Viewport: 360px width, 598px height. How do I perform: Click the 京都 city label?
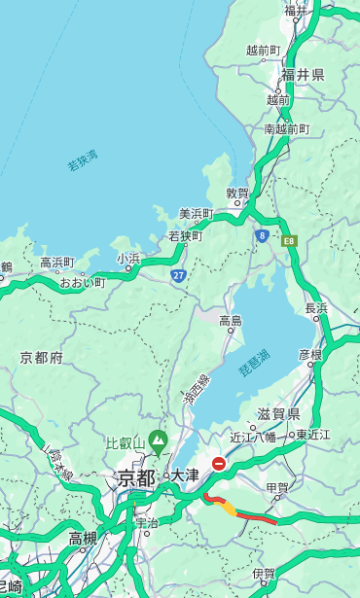pos(136,477)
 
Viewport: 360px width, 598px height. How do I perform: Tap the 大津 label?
pos(185,475)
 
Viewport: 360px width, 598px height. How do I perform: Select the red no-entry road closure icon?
pos(220,464)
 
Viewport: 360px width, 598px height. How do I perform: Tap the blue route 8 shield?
pos(262,235)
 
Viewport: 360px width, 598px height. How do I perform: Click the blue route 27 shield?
pos(179,275)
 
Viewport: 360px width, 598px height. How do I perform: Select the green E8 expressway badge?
pos(289,239)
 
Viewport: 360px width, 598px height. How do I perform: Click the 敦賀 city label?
pos(237,193)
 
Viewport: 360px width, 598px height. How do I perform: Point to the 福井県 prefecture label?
pos(303,75)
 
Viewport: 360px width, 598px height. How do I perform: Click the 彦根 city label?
pos(310,354)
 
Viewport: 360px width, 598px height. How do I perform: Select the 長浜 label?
pos(316,308)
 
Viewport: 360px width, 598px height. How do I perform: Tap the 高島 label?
pos(231,320)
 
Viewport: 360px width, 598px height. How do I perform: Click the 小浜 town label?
pos(128,259)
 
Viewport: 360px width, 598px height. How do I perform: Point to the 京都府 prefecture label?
pos(42,358)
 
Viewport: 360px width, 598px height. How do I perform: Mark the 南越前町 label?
pos(286,128)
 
